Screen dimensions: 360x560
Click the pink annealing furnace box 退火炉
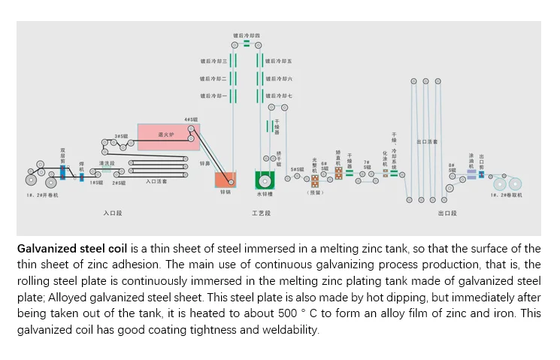[x=165, y=135]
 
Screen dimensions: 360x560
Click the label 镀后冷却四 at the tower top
[x=246, y=35]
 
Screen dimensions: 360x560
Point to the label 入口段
[x=112, y=214]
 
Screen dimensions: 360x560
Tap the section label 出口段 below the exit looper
[x=448, y=214]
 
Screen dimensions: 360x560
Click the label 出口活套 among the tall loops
[x=428, y=141]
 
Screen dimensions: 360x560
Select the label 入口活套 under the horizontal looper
[x=156, y=182]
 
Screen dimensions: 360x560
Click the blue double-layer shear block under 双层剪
[x=63, y=172]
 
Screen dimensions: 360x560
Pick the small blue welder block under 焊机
[x=82, y=177]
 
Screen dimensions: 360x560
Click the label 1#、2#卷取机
[x=506, y=195]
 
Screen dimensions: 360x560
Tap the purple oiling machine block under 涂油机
[x=471, y=174]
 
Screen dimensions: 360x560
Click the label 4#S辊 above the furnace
[x=191, y=119]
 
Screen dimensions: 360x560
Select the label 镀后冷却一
[x=213, y=96]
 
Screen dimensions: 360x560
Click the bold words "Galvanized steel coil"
[x=72, y=249]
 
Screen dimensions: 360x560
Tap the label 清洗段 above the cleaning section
[x=106, y=162]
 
